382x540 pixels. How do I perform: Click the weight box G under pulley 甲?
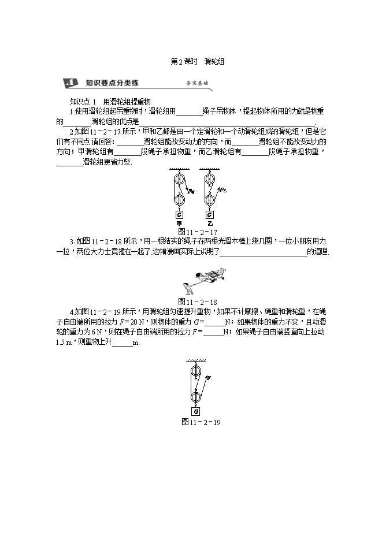pos(179,215)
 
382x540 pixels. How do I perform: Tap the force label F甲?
pos(191,192)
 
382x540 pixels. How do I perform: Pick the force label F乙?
pos(222,190)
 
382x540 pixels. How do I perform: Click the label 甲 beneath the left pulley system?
pos(179,224)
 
